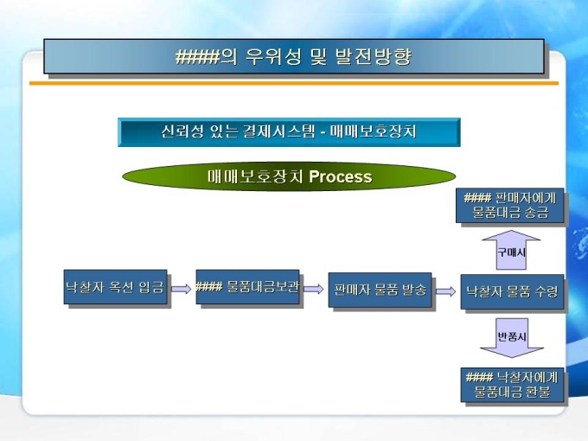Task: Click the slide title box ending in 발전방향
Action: [294, 57]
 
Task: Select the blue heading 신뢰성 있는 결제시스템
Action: [289, 132]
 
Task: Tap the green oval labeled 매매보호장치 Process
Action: [289, 177]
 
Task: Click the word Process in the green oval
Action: [340, 177]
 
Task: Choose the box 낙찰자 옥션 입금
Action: [115, 287]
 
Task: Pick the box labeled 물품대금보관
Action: [247, 287]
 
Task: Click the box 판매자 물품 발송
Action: [380, 291]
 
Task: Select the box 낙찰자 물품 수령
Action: [512, 292]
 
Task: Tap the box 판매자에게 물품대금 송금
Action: [509, 206]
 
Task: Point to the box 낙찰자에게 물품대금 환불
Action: [512, 384]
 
